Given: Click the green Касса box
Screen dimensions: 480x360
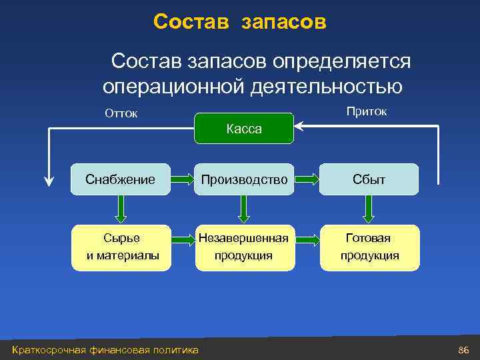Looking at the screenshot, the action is pos(243,129).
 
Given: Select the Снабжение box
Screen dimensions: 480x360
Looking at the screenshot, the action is pos(121,179).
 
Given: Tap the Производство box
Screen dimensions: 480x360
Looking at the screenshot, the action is pos(243,179).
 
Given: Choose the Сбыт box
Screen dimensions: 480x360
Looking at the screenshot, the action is pos(369,179).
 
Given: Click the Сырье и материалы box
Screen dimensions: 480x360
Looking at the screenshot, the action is pos(122,247).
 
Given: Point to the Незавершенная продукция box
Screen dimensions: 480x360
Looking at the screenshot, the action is pos(243,247).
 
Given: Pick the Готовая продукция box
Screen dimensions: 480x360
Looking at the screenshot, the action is pos(369,247).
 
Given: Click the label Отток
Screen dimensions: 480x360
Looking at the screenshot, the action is pos(121,113).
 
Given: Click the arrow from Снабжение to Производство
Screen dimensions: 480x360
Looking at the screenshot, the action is pos(182,179).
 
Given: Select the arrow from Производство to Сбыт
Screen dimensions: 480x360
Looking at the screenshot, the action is pos(306,179).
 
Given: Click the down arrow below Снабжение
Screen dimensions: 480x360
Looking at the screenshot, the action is pos(121,209).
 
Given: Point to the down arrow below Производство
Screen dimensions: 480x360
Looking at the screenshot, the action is pos(243,209).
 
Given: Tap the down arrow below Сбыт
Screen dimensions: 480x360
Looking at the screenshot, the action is pos(369,209).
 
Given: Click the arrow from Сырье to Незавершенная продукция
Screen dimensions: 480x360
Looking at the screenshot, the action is pos(182,238).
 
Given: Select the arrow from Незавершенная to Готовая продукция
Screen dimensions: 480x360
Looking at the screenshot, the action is pos(306,238).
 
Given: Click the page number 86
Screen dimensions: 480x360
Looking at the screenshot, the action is pos(464,350).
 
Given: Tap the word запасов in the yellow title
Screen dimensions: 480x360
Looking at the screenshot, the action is pos(284,21).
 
